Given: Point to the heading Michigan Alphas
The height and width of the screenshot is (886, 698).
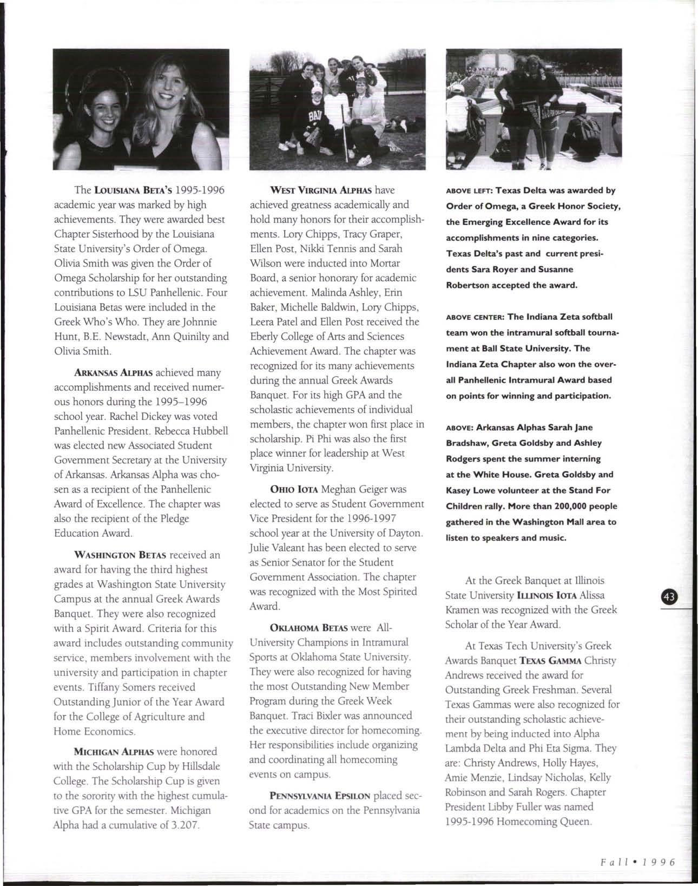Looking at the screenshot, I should click(114, 752).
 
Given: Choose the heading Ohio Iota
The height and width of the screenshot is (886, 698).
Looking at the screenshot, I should click(293, 490).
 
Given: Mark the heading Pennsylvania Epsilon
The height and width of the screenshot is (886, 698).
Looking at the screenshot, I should click(319, 797).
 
